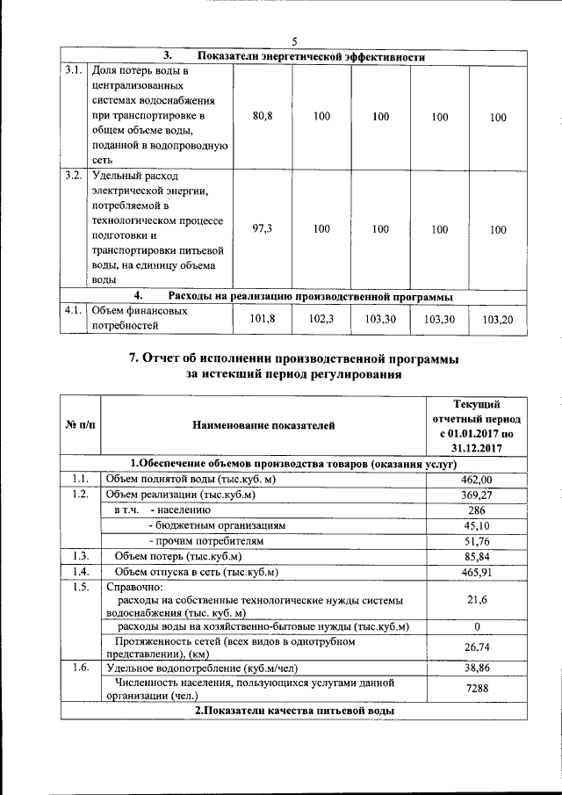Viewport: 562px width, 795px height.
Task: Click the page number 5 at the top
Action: click(295, 41)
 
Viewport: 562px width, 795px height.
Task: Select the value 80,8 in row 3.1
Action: click(263, 116)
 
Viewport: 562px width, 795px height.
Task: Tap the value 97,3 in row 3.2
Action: click(263, 228)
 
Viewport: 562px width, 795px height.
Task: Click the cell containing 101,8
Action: click(263, 320)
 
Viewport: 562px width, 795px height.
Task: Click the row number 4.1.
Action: click(74, 310)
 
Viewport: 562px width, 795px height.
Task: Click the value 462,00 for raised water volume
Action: click(477, 479)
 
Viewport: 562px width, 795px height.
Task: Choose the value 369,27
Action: click(477, 495)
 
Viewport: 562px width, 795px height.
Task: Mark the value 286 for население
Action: click(477, 510)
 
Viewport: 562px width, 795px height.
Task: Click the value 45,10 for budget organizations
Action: click(477, 525)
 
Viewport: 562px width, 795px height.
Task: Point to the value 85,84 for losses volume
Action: click(477, 557)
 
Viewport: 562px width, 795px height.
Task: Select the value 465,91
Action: click(477, 573)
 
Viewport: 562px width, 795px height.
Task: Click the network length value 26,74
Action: click(477, 648)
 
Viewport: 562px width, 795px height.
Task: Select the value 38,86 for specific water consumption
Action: click(477, 669)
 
